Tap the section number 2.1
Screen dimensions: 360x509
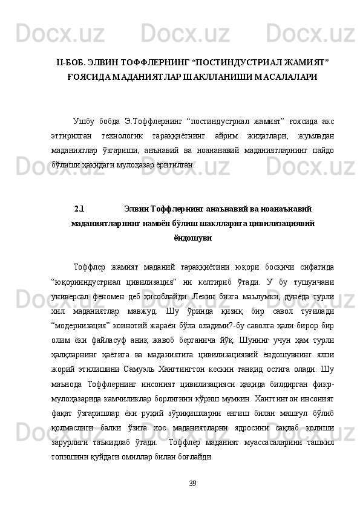(x=79, y=209)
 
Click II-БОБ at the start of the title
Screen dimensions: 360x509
(x=71, y=62)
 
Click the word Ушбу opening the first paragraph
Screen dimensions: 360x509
(x=83, y=119)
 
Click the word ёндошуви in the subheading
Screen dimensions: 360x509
(x=192, y=238)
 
